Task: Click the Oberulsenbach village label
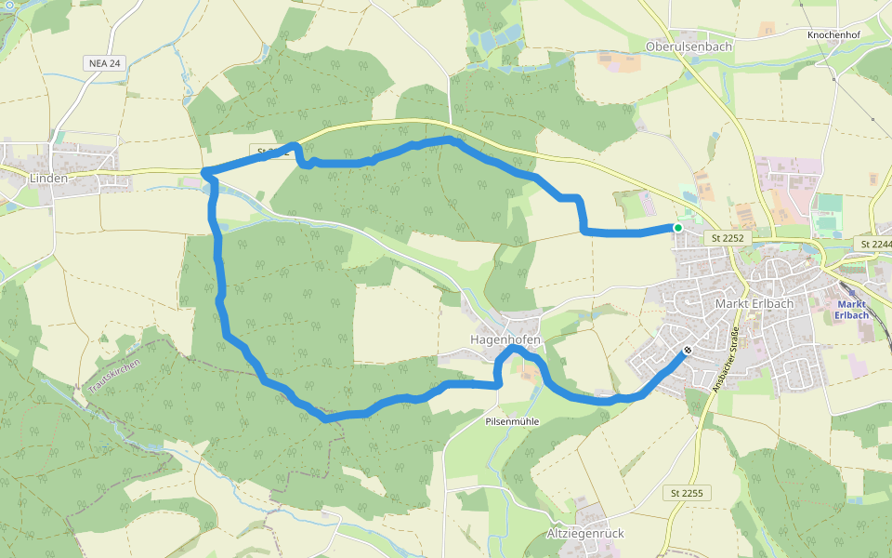[689, 46]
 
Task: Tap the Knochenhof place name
[838, 33]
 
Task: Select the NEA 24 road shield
[103, 63]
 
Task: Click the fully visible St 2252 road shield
[728, 238]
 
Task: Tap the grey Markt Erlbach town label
[751, 304]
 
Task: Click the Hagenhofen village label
[505, 339]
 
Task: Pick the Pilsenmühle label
[512, 421]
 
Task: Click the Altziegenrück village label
[585, 534]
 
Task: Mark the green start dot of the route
[678, 228]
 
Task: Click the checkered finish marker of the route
[688, 351]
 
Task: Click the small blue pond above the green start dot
[689, 197]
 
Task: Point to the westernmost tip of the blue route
[203, 172]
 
